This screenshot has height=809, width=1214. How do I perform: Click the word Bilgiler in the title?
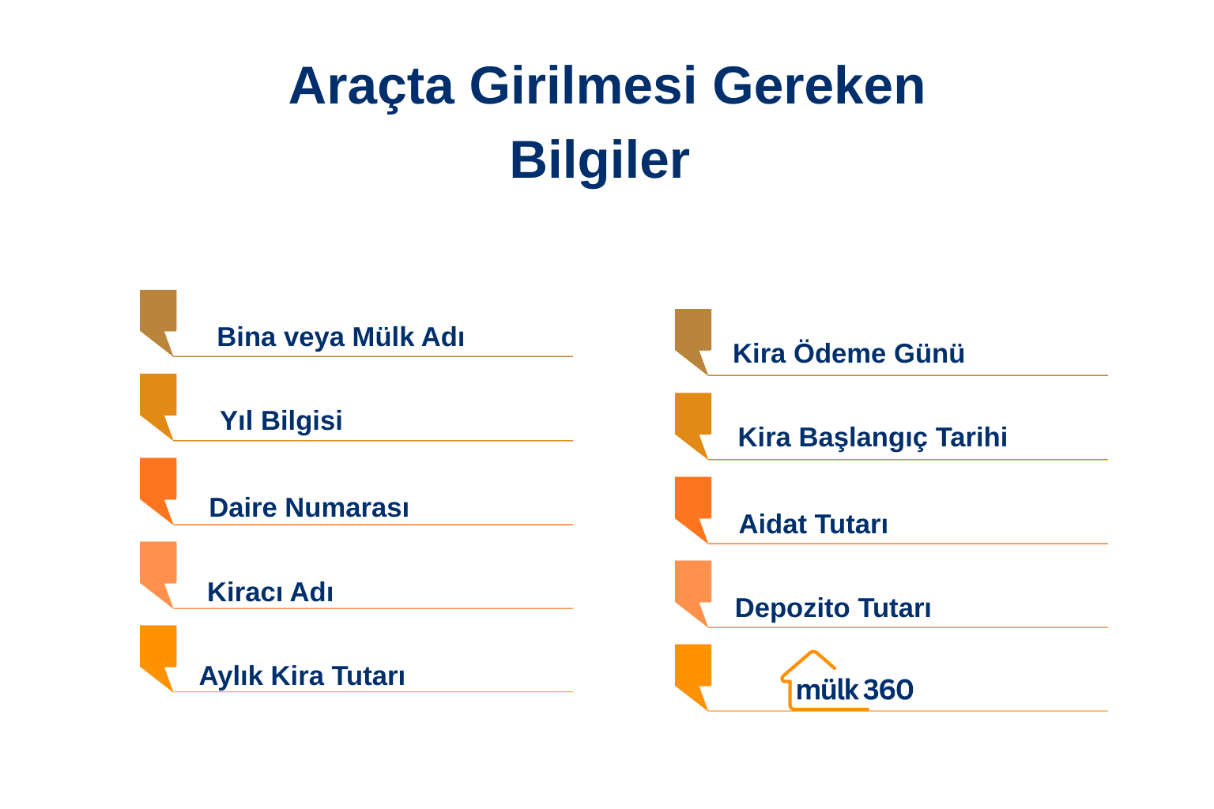point(599,160)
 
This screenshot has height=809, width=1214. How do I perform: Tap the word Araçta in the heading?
point(371,86)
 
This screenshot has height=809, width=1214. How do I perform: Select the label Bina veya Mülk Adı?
point(340,337)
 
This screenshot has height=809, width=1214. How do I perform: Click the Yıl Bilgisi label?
point(281,421)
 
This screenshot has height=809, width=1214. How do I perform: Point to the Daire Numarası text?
point(308,508)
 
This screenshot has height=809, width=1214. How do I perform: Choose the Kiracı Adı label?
point(270,593)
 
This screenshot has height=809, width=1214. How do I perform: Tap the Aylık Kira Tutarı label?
point(301,676)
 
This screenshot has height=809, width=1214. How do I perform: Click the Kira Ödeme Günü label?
point(848,354)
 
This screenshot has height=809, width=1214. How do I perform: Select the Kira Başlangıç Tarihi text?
point(872,438)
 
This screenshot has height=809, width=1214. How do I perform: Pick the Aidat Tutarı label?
point(812,525)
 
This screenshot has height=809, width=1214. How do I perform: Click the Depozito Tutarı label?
point(832,608)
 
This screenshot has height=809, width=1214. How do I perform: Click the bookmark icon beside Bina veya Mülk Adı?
point(158,316)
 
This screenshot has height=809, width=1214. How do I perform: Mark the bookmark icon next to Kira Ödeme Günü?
point(693,335)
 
